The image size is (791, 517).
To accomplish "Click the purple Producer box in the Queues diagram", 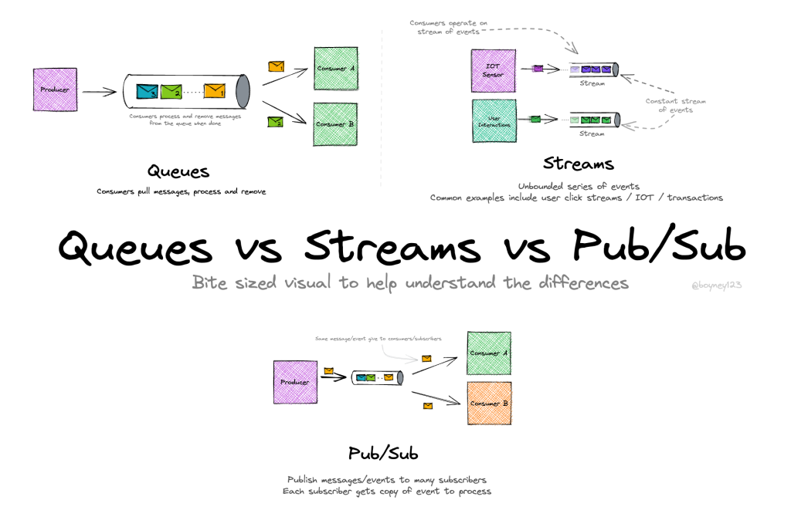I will pos(55,90).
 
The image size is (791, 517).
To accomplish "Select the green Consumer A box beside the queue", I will pos(335,69).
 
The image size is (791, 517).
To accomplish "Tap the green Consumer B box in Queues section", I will pos(335,123).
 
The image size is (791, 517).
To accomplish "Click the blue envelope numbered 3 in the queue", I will pos(147,92).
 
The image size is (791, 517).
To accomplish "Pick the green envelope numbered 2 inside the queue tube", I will pos(171,92).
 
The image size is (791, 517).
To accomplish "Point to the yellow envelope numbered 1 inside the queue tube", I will pos(214,91).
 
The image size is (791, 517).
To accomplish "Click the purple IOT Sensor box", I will pos(493,71).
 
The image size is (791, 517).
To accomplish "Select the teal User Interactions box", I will pos(493,120).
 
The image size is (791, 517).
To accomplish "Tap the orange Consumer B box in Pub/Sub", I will pos(489,403).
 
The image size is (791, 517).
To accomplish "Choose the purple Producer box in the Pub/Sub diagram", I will pos(295,382).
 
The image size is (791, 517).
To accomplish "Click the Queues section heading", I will pos(178,171).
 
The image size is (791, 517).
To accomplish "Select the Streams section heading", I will pos(578,164).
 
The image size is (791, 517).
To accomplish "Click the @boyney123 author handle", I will pos(716,285).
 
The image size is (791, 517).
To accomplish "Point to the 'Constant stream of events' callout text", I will pos(675,106).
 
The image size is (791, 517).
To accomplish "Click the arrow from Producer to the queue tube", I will pos(99,92).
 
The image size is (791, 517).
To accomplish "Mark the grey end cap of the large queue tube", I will pos(243,91).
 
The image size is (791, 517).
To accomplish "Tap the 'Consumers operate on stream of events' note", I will pos(448,28).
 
